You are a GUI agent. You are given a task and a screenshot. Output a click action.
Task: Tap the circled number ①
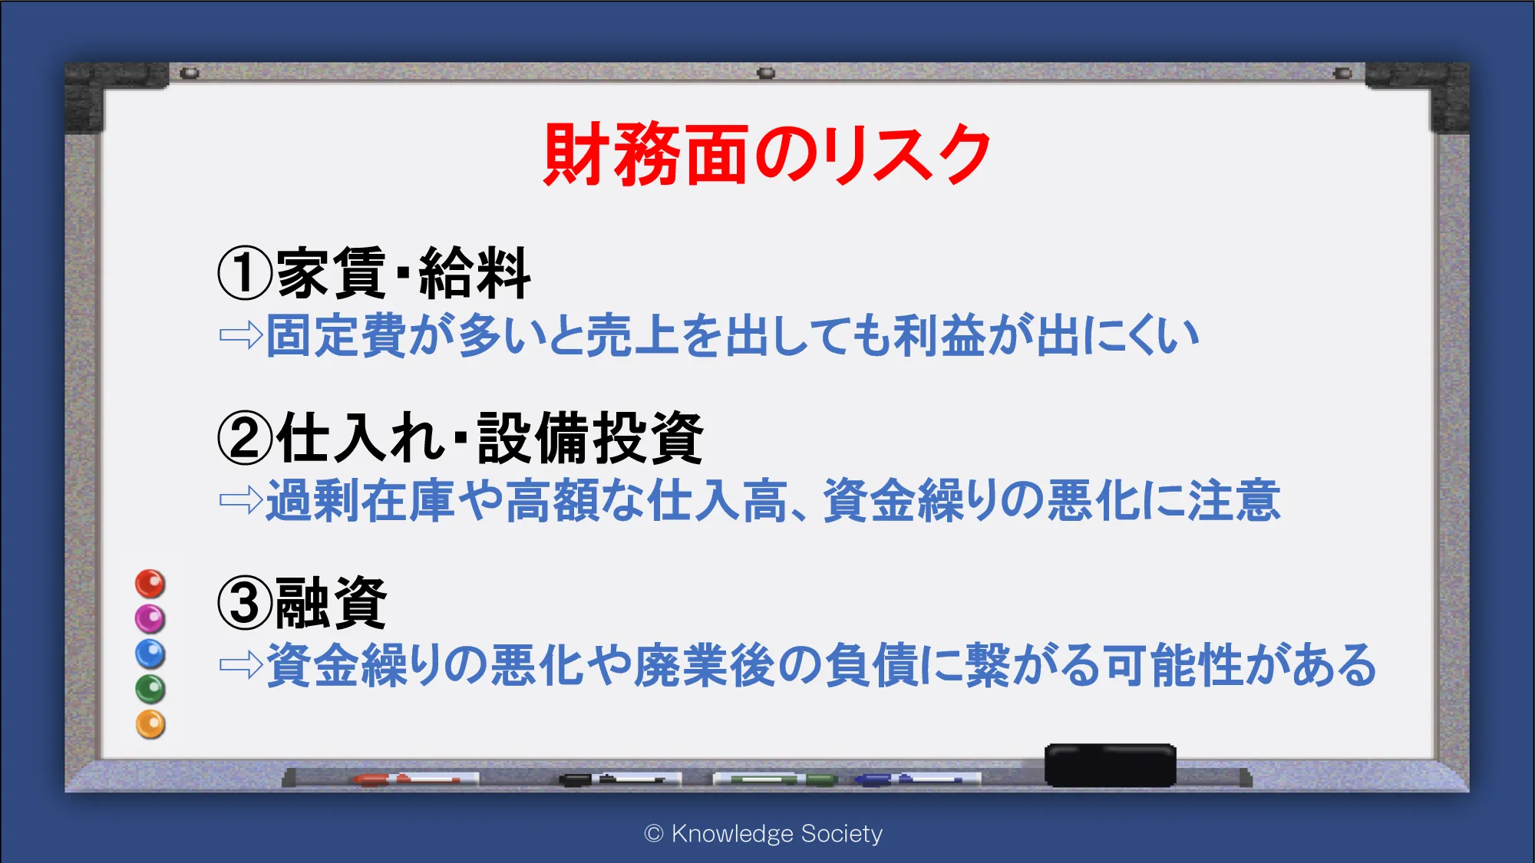coord(245,274)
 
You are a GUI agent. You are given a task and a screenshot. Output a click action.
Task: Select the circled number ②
coord(245,438)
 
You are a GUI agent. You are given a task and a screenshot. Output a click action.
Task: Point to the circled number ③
coord(245,603)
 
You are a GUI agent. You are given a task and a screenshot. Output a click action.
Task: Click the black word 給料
coord(475,273)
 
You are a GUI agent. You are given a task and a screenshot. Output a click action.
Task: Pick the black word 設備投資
coord(590,438)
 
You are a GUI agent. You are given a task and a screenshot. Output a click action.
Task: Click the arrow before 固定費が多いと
coord(241,335)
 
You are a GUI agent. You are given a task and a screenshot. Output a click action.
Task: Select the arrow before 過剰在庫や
coord(241,500)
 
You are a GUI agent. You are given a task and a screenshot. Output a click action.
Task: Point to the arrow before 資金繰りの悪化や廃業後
coord(241,664)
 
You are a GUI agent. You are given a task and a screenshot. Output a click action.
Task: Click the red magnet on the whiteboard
coord(150,584)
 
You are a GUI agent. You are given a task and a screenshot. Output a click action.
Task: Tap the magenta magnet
coord(150,618)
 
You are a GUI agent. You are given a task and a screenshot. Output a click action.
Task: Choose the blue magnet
coord(150,654)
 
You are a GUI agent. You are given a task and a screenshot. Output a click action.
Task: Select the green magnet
coord(150,689)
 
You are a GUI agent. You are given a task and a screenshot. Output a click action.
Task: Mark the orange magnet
coord(150,724)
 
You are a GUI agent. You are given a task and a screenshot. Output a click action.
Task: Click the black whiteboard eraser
coord(1111,765)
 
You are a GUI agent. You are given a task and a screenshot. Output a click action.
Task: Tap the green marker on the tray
coord(775,779)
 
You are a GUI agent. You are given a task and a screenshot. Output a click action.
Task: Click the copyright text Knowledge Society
coord(777,833)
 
